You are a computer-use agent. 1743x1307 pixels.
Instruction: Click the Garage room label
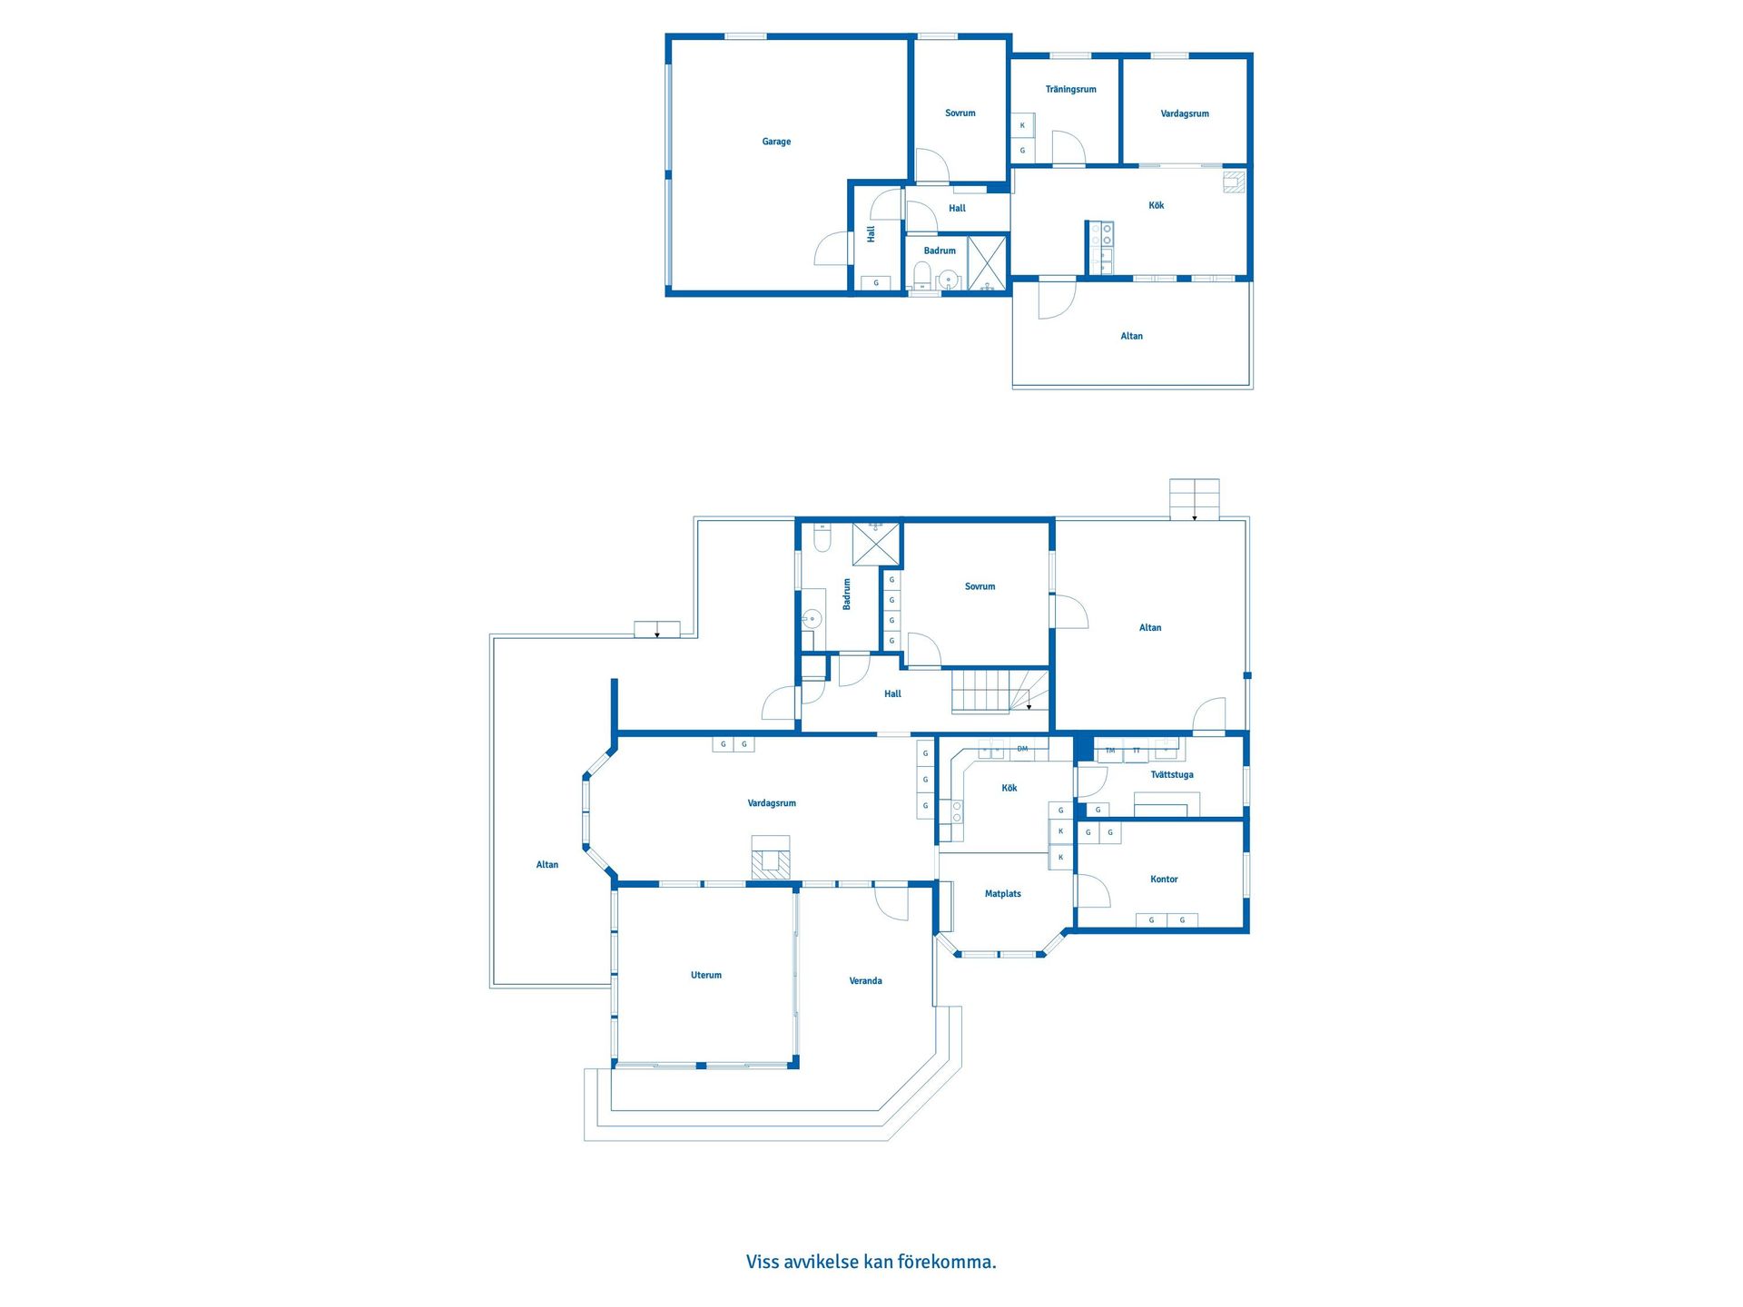pyautogui.click(x=776, y=142)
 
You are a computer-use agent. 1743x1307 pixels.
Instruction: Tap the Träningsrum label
pyautogui.click(x=1070, y=89)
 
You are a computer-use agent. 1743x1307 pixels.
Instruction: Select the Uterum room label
pyautogui.click(x=706, y=975)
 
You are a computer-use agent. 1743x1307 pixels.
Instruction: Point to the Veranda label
pyautogui.click(x=865, y=980)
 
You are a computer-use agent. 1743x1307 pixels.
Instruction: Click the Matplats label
pyautogui.click(x=1002, y=894)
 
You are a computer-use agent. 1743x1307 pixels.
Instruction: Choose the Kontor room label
pyautogui.click(x=1164, y=879)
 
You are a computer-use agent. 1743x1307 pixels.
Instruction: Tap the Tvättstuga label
pyautogui.click(x=1172, y=774)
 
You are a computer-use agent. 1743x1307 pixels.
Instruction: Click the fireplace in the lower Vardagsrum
pyautogui.click(x=771, y=858)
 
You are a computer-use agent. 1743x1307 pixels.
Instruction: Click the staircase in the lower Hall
pyautogui.click(x=1000, y=691)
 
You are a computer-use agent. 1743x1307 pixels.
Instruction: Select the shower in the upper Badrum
pyautogui.click(x=987, y=262)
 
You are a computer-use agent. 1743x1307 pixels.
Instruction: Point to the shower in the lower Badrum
pyautogui.click(x=876, y=545)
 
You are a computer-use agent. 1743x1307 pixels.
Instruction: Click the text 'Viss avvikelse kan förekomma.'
pyautogui.click(x=871, y=1262)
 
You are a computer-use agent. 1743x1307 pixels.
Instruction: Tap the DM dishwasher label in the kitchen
pyautogui.click(x=1022, y=749)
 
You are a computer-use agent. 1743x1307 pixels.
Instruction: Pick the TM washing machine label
pyautogui.click(x=1109, y=751)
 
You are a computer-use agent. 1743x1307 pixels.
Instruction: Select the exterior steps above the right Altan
pyautogui.click(x=1194, y=499)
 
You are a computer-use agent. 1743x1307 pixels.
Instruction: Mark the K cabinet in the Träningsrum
pyautogui.click(x=1022, y=125)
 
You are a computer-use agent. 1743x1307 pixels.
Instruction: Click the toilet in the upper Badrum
pyautogui.click(x=921, y=274)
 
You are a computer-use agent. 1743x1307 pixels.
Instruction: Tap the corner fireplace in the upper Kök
pyautogui.click(x=1234, y=182)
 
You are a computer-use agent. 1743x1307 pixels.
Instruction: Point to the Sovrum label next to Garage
pyautogui.click(x=960, y=113)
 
